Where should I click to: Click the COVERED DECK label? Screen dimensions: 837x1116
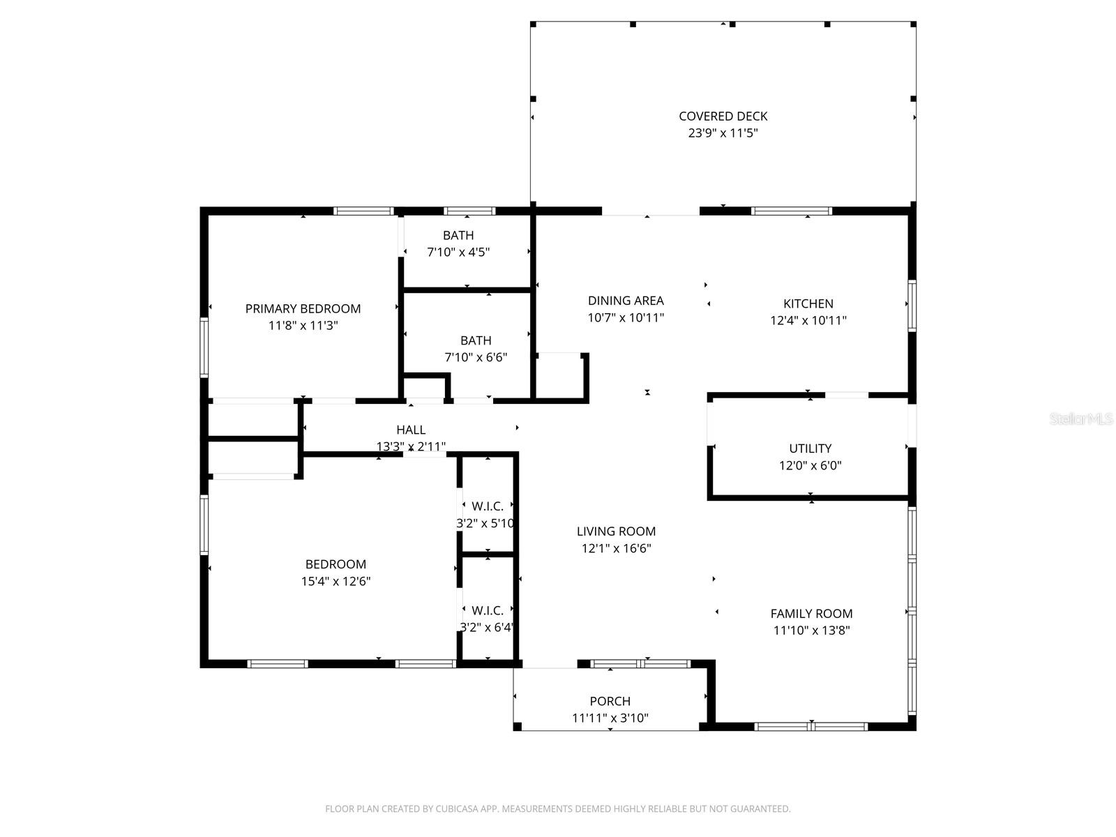pyautogui.click(x=723, y=116)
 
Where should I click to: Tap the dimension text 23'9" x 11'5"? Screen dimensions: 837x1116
pyautogui.click(x=723, y=133)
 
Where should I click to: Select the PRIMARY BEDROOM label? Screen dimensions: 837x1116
pyautogui.click(x=303, y=308)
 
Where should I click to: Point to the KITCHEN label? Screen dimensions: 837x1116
pyautogui.click(x=808, y=303)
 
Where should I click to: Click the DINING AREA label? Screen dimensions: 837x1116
pyautogui.click(x=626, y=301)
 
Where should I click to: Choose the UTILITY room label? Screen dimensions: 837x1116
pyautogui.click(x=810, y=448)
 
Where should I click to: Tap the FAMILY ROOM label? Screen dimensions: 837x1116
pyautogui.click(x=811, y=614)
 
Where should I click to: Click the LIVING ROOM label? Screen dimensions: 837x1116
pyautogui.click(x=616, y=531)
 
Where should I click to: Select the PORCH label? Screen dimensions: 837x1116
pyautogui.click(x=610, y=701)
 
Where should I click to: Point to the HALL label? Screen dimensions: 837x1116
pyautogui.click(x=411, y=430)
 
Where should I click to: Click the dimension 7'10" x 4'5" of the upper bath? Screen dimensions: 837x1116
pyautogui.click(x=458, y=252)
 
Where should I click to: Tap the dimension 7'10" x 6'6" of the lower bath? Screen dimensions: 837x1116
pyautogui.click(x=476, y=357)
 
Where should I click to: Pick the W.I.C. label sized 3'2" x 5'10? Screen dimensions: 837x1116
pyautogui.click(x=487, y=506)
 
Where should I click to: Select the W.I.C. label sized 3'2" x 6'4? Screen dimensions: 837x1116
pyautogui.click(x=487, y=610)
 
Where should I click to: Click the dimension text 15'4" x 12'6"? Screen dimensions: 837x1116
pyautogui.click(x=335, y=581)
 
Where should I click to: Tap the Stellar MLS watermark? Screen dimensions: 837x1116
pyautogui.click(x=1080, y=419)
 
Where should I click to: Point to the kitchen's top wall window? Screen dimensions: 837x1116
pyautogui.click(x=792, y=211)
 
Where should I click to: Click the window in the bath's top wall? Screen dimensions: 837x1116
pyautogui.click(x=469, y=211)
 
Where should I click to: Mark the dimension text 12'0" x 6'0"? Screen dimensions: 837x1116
pyautogui.click(x=810, y=465)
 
